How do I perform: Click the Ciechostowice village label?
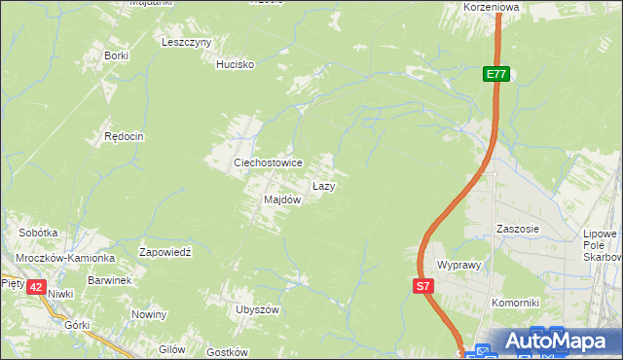[267, 163]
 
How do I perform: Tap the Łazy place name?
[324, 185]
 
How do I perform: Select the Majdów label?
[281, 199]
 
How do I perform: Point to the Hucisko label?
[235, 64]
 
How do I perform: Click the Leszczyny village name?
[187, 43]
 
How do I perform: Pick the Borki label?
[116, 55]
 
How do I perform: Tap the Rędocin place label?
[124, 137]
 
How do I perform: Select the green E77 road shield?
[496, 74]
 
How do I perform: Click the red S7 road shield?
[422, 286]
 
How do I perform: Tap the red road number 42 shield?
[36, 287]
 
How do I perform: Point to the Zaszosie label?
[517, 229]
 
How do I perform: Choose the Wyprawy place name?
[460, 265]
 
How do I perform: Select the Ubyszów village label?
[257, 309]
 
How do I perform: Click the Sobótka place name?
[39, 234]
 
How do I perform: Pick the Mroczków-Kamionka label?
[64, 259]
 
